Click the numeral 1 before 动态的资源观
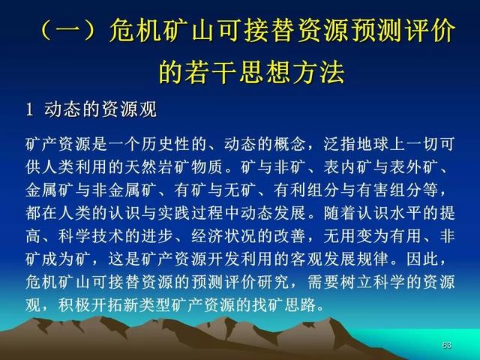click(29, 109)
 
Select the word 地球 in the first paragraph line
click(373, 144)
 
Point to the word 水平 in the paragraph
click(406, 213)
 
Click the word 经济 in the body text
click(207, 236)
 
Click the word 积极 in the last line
click(75, 305)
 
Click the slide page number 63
click(447, 345)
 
